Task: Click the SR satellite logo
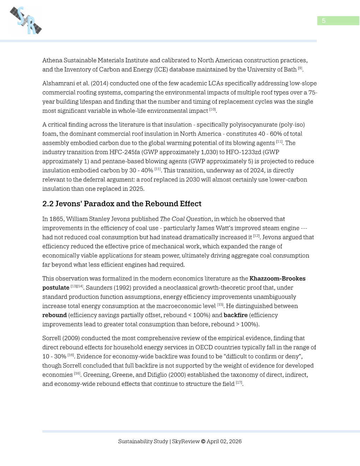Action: coord(26,20)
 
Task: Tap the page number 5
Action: coord(324,21)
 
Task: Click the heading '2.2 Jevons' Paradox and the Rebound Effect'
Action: coord(122,204)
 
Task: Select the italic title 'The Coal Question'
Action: coord(186,219)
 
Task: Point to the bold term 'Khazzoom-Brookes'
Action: coord(277,279)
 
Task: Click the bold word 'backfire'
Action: coord(235,315)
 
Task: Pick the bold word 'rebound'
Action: coord(54,315)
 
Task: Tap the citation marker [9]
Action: coord(300,68)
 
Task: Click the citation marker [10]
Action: coord(212,109)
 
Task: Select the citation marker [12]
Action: coord(256,236)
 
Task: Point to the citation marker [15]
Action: coord(220,305)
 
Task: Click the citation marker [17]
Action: coord(239,383)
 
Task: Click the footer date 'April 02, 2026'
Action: coord(224,441)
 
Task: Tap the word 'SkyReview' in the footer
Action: coord(186,441)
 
